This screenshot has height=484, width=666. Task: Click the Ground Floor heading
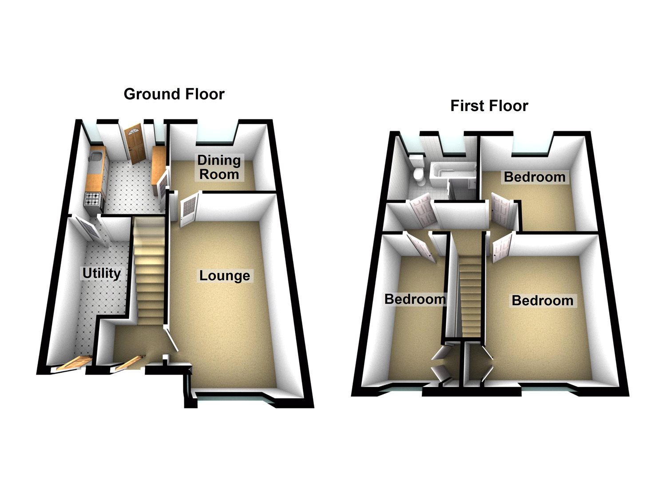click(x=174, y=94)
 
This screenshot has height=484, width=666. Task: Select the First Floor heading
click(x=489, y=106)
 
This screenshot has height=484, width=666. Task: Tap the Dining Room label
click(x=219, y=167)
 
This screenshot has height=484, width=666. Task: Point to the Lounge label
click(x=225, y=276)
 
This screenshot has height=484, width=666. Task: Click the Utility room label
click(x=102, y=273)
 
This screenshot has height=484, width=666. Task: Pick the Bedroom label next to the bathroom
click(x=535, y=177)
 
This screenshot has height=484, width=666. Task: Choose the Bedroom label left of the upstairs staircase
click(x=415, y=299)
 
